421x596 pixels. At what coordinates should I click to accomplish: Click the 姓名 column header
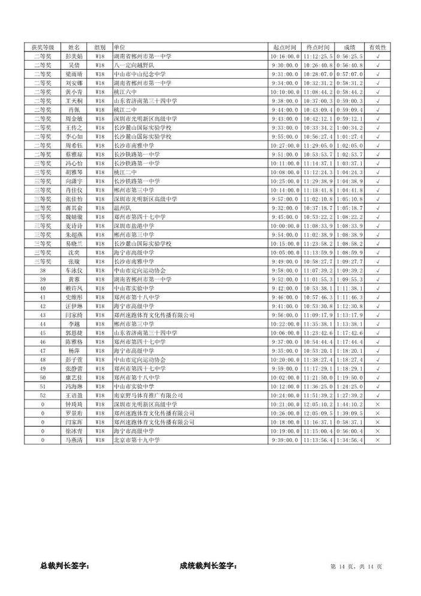click(74, 47)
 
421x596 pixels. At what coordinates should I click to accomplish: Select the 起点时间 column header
click(285, 47)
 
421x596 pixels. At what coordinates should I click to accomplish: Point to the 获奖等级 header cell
click(43, 47)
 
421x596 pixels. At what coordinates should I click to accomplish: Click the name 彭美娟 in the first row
click(74, 56)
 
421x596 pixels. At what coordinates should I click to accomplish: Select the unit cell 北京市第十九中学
click(137, 441)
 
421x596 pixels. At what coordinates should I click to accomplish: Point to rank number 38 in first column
click(43, 271)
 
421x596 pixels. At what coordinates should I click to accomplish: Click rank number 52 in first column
click(43, 396)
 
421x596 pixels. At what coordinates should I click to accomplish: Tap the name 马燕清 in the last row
click(74, 441)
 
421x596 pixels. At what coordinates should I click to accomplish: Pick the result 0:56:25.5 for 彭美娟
click(349, 56)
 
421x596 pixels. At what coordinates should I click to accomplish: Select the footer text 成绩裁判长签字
click(208, 565)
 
